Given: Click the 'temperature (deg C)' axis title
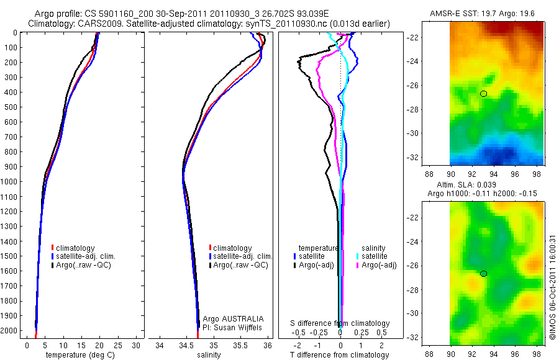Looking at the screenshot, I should click(x=80, y=355).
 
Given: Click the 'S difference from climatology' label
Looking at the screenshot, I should click(x=340, y=323).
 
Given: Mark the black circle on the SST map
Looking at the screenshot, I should click(x=484, y=94).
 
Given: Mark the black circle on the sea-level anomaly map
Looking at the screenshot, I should click(x=484, y=273).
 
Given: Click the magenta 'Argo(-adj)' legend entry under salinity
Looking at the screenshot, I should click(x=378, y=265).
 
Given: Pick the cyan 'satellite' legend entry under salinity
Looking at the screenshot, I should click(x=375, y=256).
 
